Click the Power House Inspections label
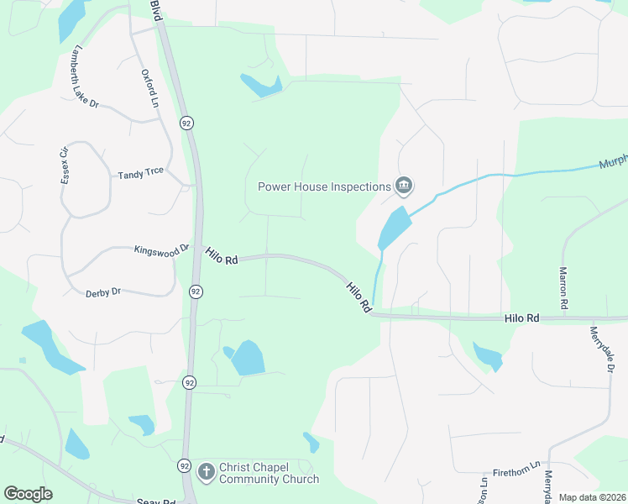[324, 186]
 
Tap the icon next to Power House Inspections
[404, 186]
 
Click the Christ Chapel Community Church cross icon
[207, 472]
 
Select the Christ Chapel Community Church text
[269, 473]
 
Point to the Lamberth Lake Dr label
[86, 76]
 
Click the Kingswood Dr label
[162, 249]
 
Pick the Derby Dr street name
[103, 292]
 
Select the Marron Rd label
[563, 286]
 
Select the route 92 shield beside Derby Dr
[195, 291]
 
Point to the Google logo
[28, 494]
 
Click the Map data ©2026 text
[592, 497]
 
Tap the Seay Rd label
[155, 501]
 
